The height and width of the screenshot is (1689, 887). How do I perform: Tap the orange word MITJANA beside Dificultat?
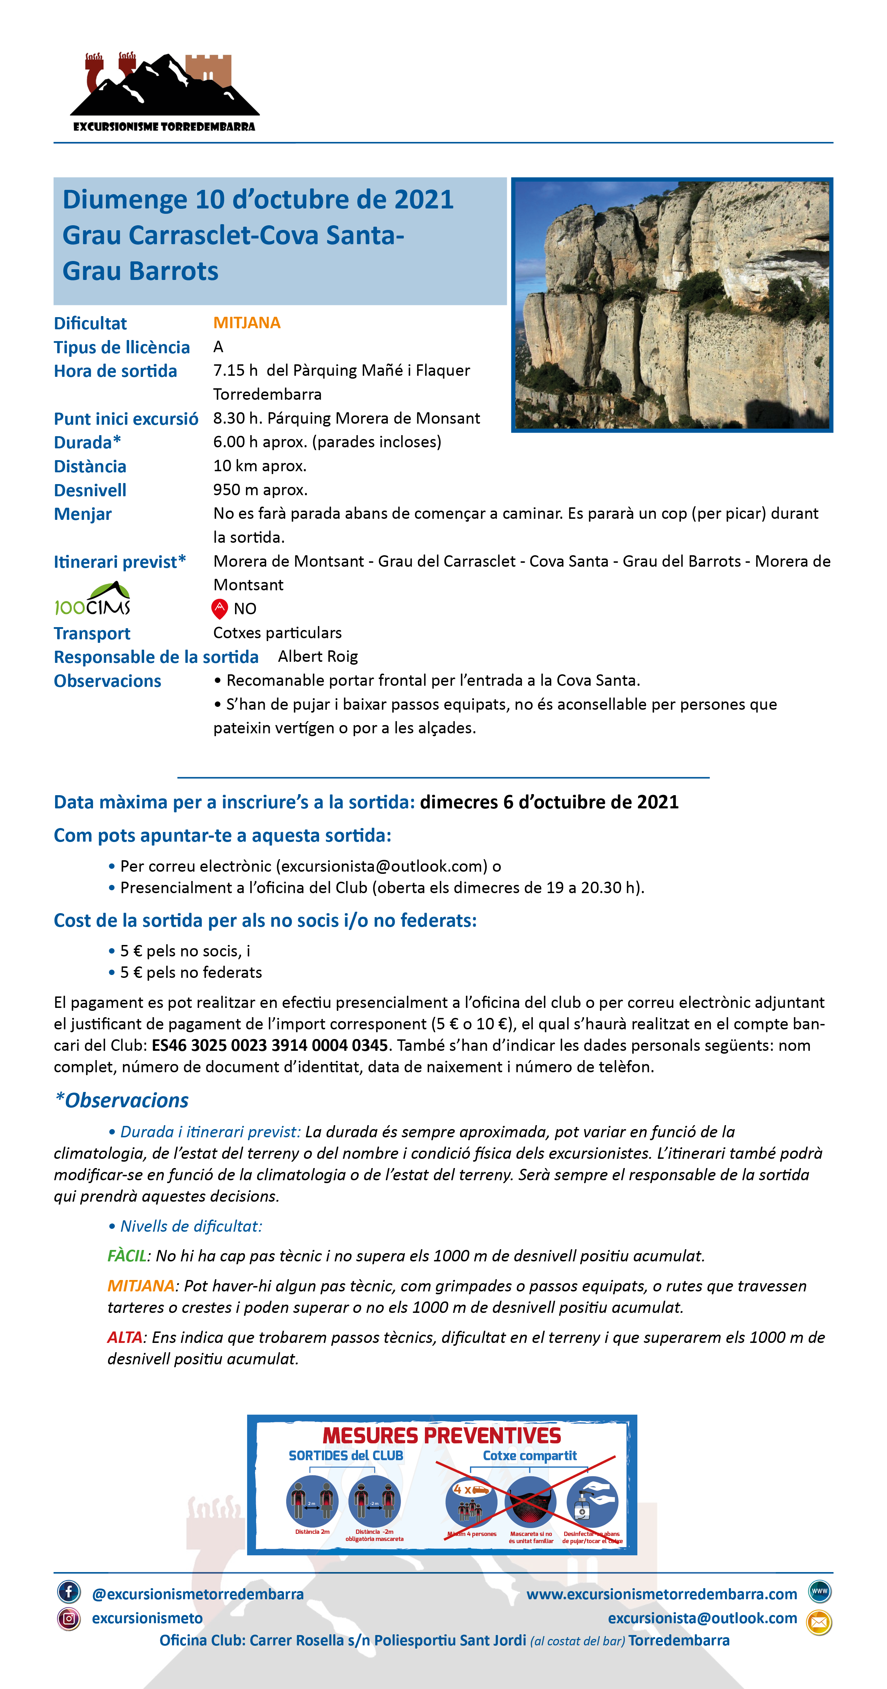[247, 322]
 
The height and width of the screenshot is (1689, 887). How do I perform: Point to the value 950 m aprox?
[260, 490]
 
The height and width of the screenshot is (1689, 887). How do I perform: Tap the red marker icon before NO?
[219, 609]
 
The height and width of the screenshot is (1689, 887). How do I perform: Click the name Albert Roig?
[318, 656]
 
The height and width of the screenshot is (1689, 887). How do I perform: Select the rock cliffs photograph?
[672, 305]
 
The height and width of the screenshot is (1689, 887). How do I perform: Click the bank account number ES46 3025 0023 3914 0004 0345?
[270, 1045]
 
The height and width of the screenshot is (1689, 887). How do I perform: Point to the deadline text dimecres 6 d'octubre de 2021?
[549, 802]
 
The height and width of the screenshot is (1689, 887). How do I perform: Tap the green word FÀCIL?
[127, 1256]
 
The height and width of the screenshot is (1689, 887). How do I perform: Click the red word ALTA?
[125, 1337]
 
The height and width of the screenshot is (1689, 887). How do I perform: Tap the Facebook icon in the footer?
[69, 1591]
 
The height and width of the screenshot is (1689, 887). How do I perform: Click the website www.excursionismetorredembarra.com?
[661, 1594]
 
